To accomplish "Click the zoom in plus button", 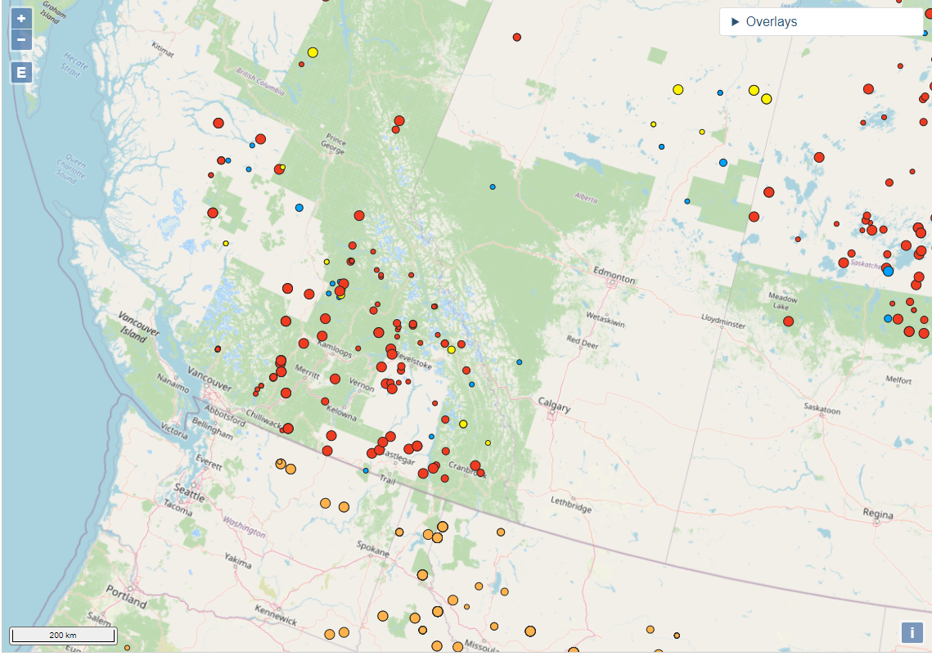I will (x=21, y=18).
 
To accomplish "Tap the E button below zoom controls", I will (x=21, y=73).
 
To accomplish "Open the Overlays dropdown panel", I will (x=821, y=22).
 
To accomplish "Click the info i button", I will (x=912, y=632).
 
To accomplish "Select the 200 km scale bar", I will (x=63, y=636).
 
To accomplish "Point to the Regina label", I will (x=878, y=514).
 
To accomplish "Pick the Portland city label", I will (x=125, y=596).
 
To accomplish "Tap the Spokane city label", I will (x=372, y=552).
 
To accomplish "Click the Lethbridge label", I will (x=571, y=508).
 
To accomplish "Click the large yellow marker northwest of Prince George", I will (x=313, y=52).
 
